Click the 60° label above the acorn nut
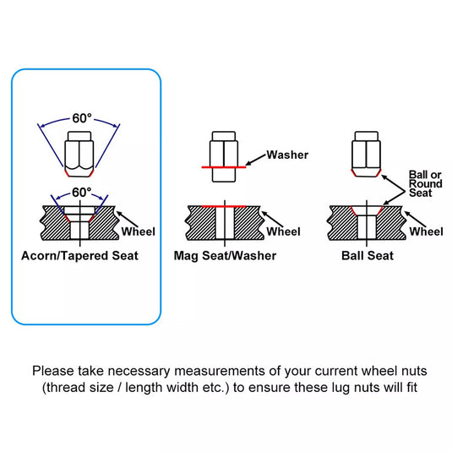[82, 118]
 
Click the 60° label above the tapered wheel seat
[82, 193]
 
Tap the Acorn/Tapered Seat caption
[79, 256]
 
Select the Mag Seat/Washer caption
[225, 256]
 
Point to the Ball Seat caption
[368, 256]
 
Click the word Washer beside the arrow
[287, 155]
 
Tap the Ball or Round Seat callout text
[425, 183]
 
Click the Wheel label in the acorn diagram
[139, 231]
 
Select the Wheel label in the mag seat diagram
[283, 231]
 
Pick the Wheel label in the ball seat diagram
[426, 231]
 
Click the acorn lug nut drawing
[79, 155]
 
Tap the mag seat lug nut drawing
[224, 156]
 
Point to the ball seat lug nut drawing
[367, 155]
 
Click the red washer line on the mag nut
[224, 167]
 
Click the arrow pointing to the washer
[256, 160]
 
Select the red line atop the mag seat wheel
[224, 206]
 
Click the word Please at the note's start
[53, 371]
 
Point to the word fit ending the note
[412, 388]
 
